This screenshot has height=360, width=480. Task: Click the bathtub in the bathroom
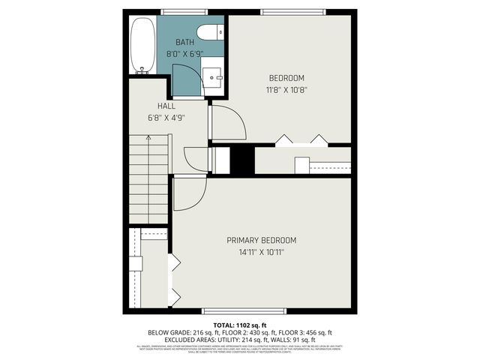coord(142,46)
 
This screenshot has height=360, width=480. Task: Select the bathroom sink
coord(212,76)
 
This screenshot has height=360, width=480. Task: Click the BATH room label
coord(184,43)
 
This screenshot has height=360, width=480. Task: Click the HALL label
coord(166,106)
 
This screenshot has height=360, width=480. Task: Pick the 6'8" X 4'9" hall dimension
coord(166,118)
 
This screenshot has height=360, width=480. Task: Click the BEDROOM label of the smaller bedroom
coord(286,78)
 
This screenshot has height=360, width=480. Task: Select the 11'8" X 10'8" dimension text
coord(286,90)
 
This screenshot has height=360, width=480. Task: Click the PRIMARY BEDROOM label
coord(262,240)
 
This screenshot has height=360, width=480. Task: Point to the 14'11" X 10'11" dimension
coord(262,252)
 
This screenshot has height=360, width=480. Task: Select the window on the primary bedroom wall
coord(244,310)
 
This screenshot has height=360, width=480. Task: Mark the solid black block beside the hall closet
coord(241,160)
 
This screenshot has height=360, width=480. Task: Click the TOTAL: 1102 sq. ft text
coord(239,324)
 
